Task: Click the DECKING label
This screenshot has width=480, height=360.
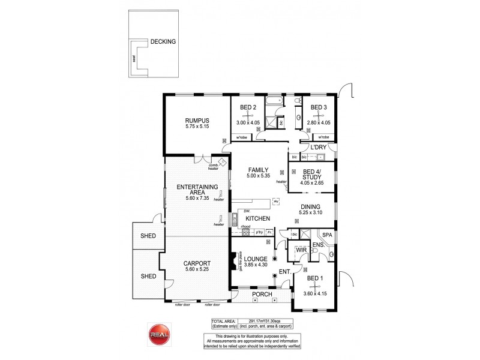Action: click(163, 42)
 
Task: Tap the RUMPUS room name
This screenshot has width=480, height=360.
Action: click(198, 120)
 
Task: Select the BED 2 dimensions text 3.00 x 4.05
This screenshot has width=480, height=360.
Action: click(248, 123)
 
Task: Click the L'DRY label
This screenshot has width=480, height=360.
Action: click(318, 148)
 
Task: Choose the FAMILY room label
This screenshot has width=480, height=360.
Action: click(258, 170)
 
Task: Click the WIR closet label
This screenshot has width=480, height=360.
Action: click(298, 248)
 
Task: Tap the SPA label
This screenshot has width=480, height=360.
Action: click(327, 235)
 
